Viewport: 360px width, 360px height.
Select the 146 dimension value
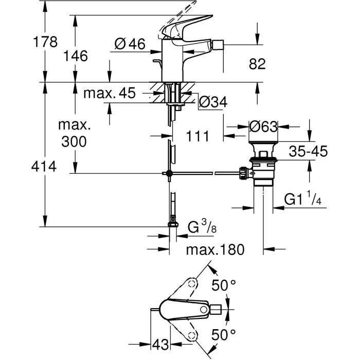click(x=76, y=56)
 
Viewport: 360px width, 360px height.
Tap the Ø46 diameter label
click(x=129, y=45)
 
